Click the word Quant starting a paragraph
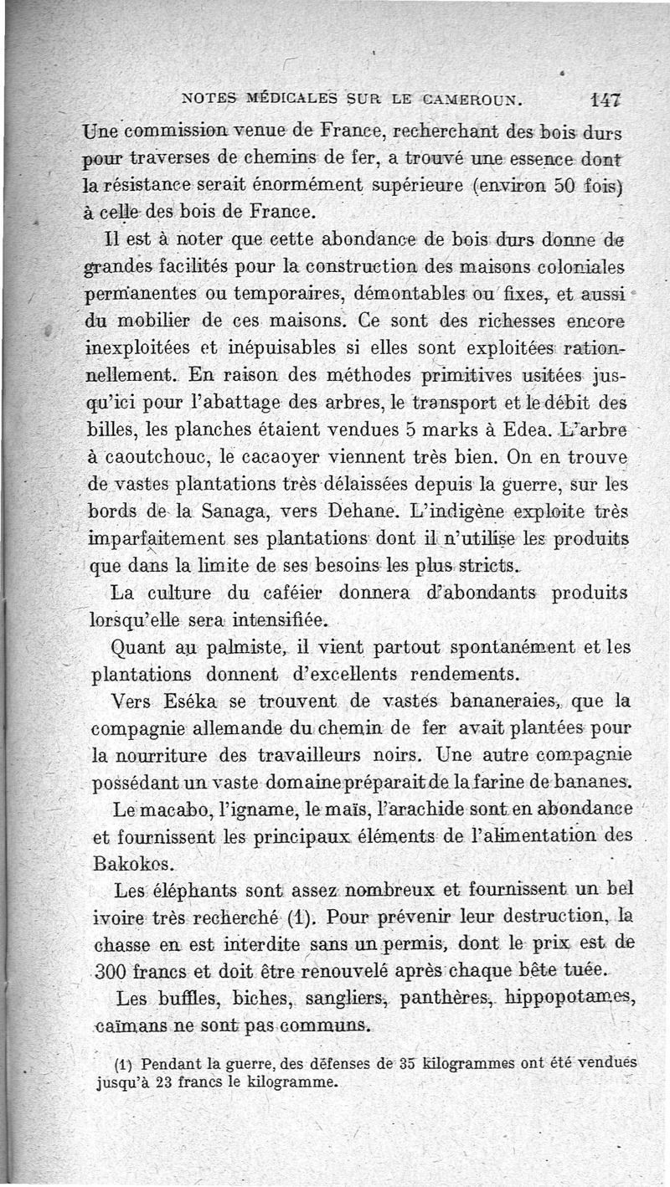tap(142, 648)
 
